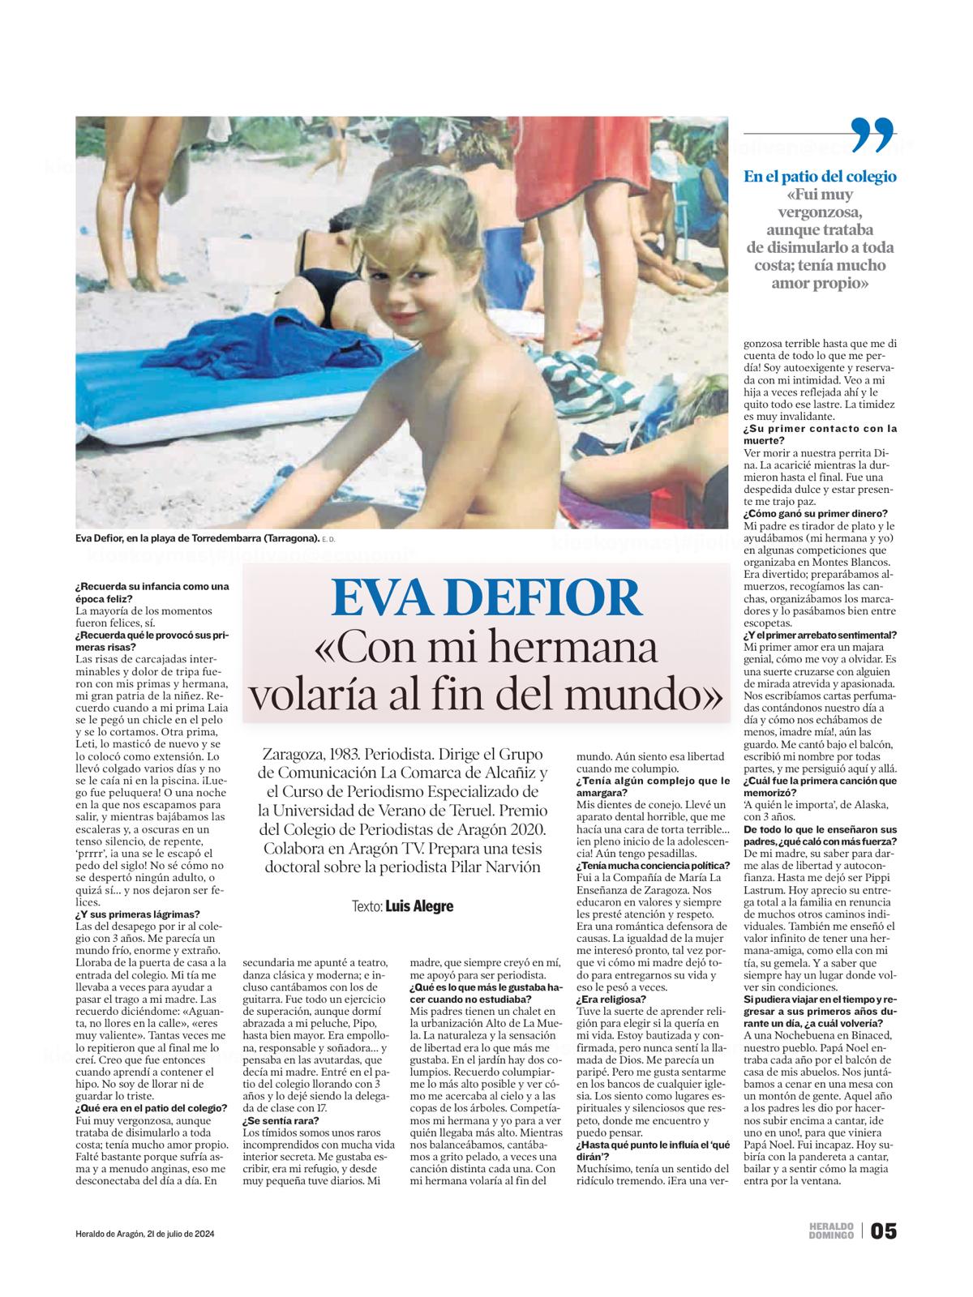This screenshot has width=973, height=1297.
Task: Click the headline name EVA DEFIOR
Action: point(486,598)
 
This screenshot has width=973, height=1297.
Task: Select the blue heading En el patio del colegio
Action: point(820,177)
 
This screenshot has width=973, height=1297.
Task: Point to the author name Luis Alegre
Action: point(418,905)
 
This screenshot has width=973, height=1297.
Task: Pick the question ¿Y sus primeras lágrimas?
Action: point(125,914)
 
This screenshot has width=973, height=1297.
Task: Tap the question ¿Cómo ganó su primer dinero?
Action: point(815,514)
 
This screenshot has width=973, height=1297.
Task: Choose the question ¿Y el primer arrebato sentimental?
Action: point(820,635)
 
